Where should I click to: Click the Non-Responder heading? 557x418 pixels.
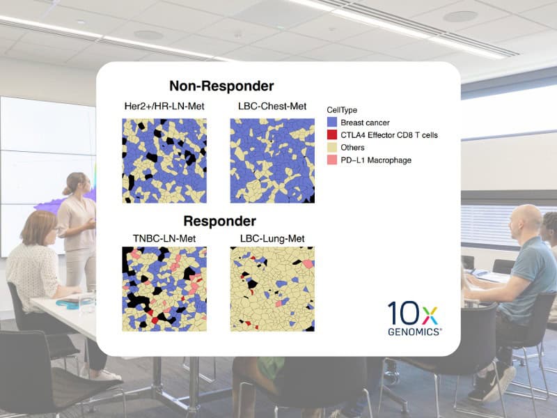[221, 86]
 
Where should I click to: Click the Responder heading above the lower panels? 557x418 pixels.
[219, 221]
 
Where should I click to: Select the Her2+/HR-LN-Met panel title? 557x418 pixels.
[164, 107]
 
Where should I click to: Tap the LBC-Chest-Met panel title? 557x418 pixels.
[272, 107]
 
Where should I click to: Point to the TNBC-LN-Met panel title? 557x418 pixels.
[164, 238]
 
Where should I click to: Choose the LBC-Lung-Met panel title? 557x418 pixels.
[272, 238]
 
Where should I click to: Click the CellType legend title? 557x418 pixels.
[342, 110]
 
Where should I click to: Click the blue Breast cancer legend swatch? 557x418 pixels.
[332, 123]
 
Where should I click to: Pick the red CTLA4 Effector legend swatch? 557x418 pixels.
[332, 134]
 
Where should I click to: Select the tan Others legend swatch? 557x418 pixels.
[332, 147]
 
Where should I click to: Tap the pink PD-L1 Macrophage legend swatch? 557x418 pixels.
[332, 160]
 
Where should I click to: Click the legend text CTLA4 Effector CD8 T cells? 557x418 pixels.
[389, 135]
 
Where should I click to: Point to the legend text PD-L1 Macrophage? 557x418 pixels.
[376, 160]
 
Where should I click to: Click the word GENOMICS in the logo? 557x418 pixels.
[414, 332]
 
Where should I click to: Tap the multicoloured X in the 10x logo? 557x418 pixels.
[430, 316]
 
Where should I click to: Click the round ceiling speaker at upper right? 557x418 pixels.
[460, 16]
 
